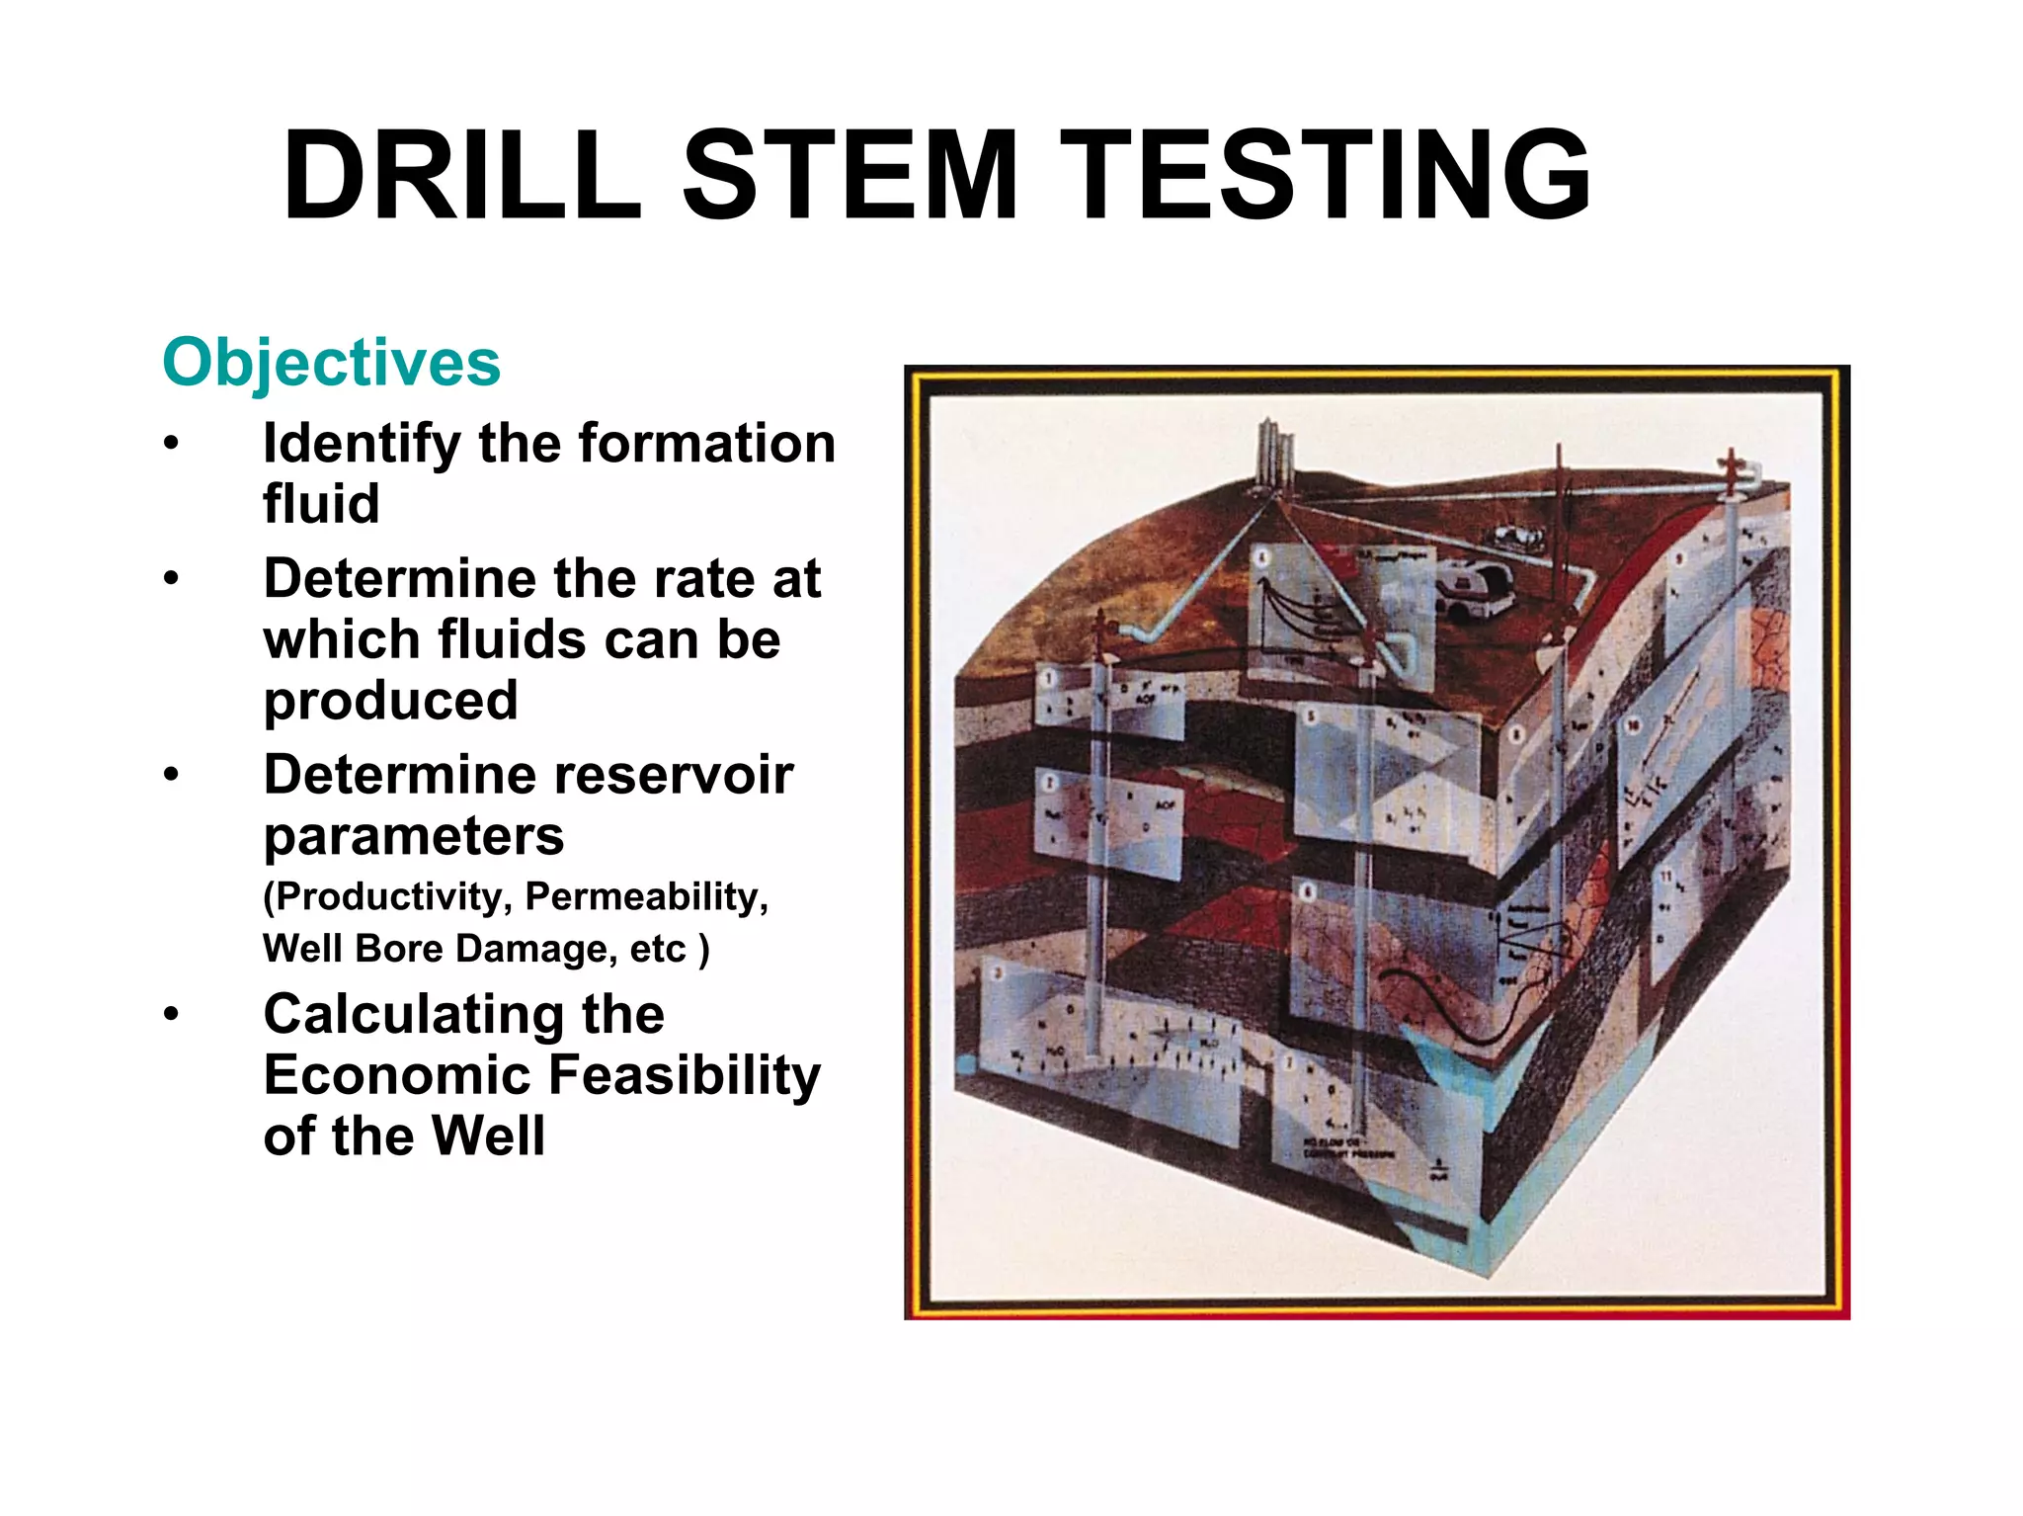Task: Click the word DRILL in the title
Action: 462,176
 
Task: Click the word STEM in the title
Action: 850,176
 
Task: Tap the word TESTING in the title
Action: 1326,176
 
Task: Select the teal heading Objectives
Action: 331,362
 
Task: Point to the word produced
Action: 390,700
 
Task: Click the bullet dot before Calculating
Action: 172,1014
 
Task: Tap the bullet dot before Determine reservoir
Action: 172,774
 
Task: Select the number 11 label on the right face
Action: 1665,875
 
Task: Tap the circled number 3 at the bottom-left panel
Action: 998,973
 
